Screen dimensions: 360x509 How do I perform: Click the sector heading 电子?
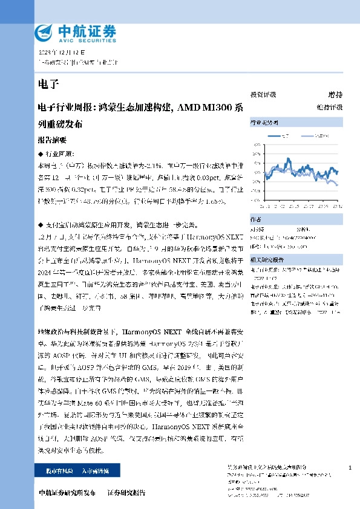45,83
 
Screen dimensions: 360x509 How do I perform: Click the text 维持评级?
333,107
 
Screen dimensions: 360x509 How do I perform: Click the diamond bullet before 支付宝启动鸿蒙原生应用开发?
39,224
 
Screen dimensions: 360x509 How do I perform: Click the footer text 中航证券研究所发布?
67,493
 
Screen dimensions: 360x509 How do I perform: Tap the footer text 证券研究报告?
126,493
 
